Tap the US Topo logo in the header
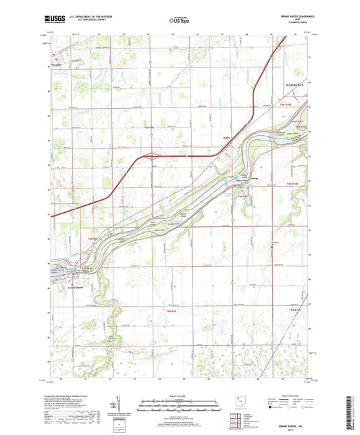[179, 22]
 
